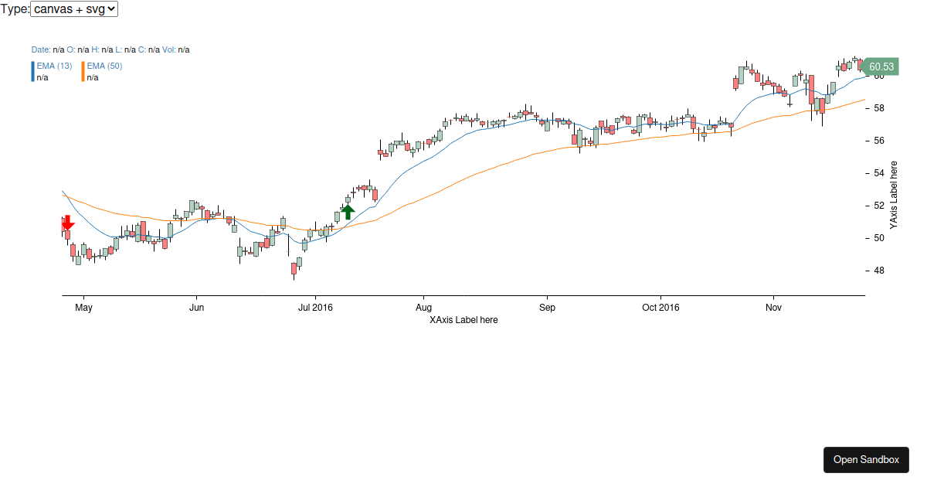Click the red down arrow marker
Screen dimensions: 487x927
point(68,223)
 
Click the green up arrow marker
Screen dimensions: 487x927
point(348,211)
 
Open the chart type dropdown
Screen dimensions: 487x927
point(74,9)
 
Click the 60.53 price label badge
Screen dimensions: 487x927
point(880,66)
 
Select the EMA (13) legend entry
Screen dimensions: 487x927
point(54,66)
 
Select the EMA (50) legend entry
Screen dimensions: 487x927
point(104,66)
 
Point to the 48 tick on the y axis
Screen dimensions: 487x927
point(878,271)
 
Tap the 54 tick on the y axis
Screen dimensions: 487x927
point(878,173)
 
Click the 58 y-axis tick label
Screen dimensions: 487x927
point(878,108)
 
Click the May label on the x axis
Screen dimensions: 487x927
point(83,308)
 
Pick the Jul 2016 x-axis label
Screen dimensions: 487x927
point(315,308)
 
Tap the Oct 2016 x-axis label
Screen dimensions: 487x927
point(660,308)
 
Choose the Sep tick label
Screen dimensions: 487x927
point(547,308)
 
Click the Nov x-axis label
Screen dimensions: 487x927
point(773,308)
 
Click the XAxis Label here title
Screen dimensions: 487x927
point(463,320)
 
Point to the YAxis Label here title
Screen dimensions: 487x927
point(894,195)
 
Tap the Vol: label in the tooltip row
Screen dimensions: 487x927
point(169,49)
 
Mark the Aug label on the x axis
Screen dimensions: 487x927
point(423,308)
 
